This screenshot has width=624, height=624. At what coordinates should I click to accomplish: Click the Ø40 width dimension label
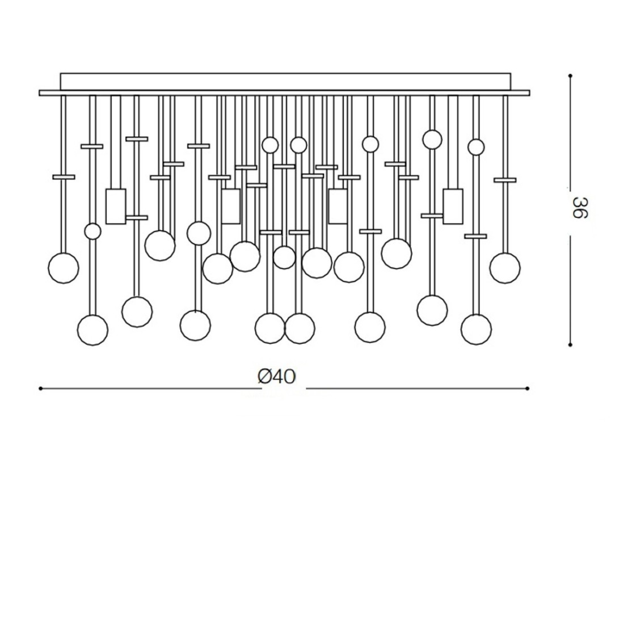(276, 376)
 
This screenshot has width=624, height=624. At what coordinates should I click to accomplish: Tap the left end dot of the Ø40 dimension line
(40, 389)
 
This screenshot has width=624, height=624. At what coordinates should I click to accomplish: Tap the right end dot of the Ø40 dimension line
(528, 389)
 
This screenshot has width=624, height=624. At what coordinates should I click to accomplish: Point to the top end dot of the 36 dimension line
(570, 75)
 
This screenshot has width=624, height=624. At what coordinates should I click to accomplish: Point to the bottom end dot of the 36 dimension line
(570, 344)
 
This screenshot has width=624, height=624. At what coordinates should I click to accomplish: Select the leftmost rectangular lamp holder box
(116, 206)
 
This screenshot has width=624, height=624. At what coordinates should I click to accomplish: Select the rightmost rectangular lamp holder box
(453, 206)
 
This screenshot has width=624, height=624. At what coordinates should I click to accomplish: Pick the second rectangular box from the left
(230, 206)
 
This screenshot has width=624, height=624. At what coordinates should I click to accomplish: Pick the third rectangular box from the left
(338, 206)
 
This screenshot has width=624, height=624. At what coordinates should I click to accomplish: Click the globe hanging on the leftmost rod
(63, 268)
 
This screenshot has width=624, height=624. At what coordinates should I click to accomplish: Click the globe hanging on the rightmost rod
(505, 268)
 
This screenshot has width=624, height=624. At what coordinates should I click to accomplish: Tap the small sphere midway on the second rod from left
(92, 231)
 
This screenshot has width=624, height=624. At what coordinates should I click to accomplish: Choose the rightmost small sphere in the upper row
(476, 147)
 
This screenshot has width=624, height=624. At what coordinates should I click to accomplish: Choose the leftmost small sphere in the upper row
(270, 145)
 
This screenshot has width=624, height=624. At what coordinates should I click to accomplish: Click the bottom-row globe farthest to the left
(92, 330)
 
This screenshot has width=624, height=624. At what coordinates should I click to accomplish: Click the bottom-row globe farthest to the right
(476, 329)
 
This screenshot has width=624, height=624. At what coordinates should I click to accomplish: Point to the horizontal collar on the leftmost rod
(64, 177)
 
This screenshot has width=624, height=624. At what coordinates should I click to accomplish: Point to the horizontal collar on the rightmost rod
(505, 180)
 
